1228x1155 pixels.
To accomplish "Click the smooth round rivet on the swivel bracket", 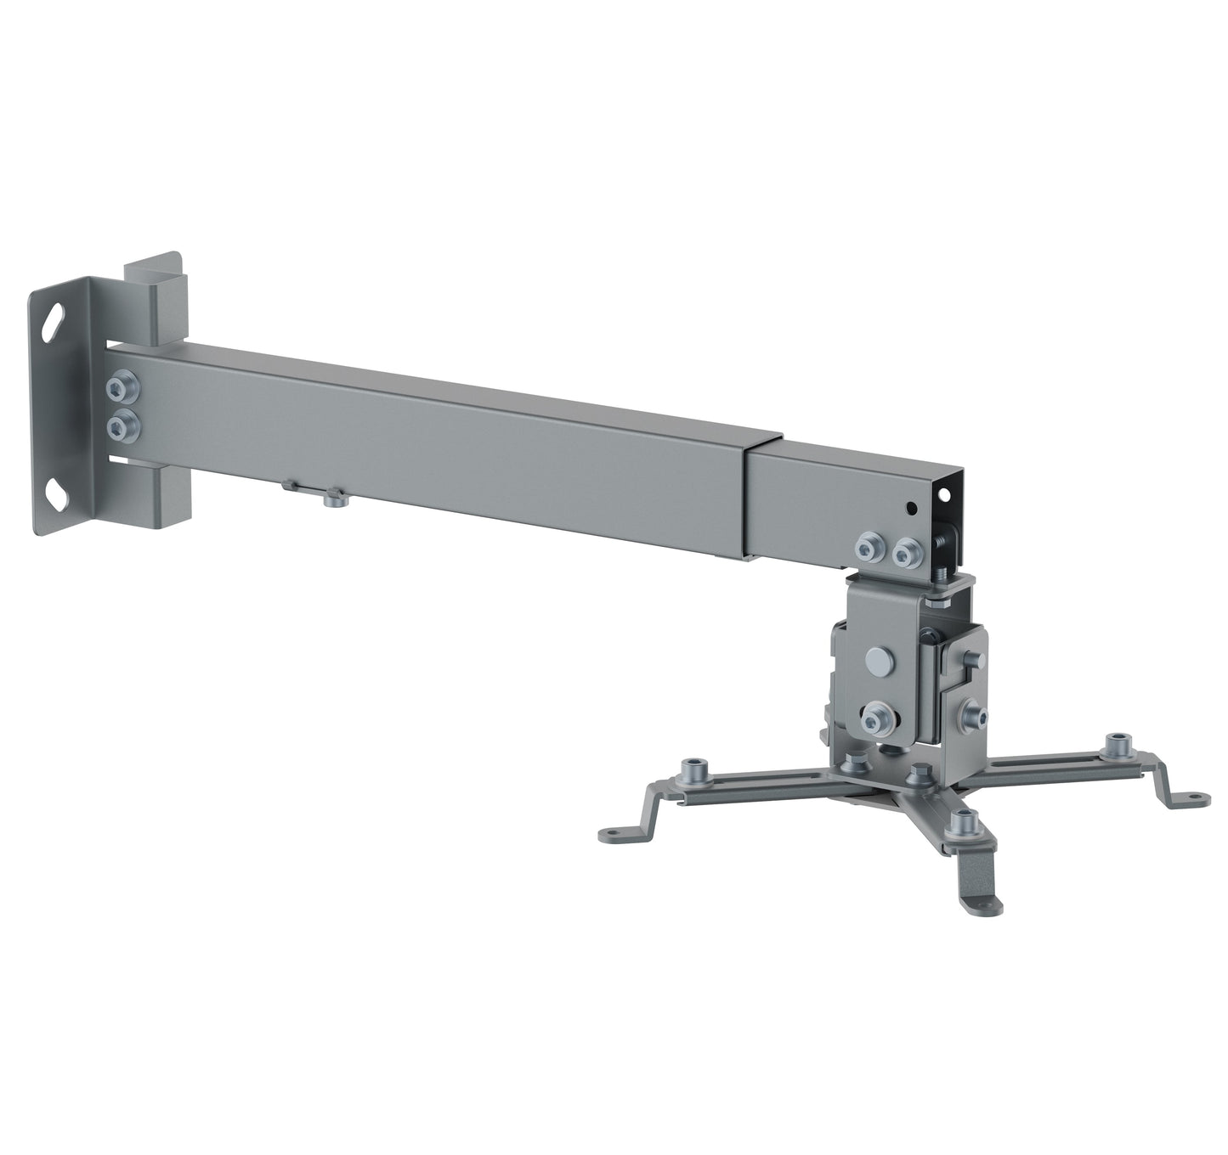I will coord(877,661).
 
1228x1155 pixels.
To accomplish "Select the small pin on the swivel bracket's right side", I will coord(967,660).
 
